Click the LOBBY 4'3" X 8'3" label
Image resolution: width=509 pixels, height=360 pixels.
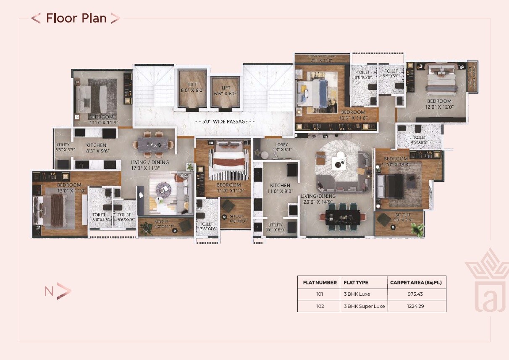coord(281,147)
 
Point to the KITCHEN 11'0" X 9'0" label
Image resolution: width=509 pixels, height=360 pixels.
coord(280,188)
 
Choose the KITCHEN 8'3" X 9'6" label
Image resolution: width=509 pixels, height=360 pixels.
coord(97,148)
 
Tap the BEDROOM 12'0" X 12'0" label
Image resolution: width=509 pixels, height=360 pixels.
coord(439,104)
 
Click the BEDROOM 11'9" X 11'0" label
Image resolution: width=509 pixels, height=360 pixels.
coord(228,187)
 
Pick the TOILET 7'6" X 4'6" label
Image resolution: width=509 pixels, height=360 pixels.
coord(207,226)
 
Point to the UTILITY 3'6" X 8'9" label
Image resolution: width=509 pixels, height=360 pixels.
coord(276,227)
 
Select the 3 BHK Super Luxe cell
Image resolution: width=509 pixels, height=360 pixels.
coord(364,306)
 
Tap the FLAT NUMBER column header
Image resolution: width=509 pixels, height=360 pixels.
coord(320,282)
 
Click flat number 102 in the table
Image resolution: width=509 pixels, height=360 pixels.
coord(320,306)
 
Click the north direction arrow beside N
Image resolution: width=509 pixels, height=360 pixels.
coord(64,291)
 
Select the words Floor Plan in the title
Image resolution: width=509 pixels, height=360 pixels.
coord(76,18)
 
